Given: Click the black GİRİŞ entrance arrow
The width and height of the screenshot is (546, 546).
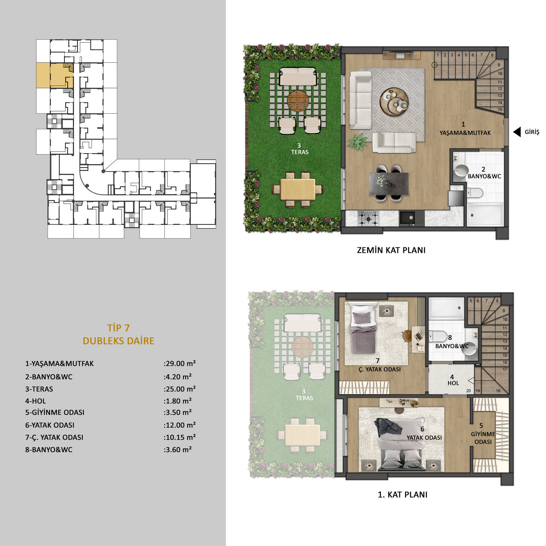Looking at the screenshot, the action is click(x=517, y=132).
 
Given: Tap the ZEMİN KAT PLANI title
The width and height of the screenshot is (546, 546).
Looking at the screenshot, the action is click(x=391, y=250).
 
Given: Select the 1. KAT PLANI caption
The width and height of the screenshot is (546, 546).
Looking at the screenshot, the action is click(x=403, y=494).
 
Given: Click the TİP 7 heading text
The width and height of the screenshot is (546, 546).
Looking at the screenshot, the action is click(x=118, y=328).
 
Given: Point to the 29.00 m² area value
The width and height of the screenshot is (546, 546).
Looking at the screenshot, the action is click(x=180, y=363).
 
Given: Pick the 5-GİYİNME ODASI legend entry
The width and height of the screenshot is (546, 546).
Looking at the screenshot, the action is click(x=55, y=412).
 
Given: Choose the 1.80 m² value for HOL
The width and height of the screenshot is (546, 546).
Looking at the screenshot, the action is click(x=178, y=401).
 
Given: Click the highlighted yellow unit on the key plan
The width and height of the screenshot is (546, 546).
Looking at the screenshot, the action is click(x=55, y=75).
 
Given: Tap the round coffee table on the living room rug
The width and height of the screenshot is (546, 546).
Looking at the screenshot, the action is click(x=394, y=102).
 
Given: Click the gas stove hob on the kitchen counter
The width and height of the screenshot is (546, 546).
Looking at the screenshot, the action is click(x=368, y=218).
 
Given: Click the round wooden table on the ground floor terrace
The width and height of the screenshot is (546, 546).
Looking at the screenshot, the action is click(x=298, y=101).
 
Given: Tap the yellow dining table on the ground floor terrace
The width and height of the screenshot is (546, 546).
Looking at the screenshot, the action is click(x=298, y=190).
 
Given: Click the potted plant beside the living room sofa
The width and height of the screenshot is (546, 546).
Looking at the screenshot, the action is click(x=358, y=142).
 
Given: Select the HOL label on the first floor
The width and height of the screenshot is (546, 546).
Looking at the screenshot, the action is click(x=453, y=383).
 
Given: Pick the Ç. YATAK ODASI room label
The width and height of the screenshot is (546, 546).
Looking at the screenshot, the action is click(x=379, y=369).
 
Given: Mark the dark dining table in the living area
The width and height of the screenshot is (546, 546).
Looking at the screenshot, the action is click(x=389, y=184).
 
